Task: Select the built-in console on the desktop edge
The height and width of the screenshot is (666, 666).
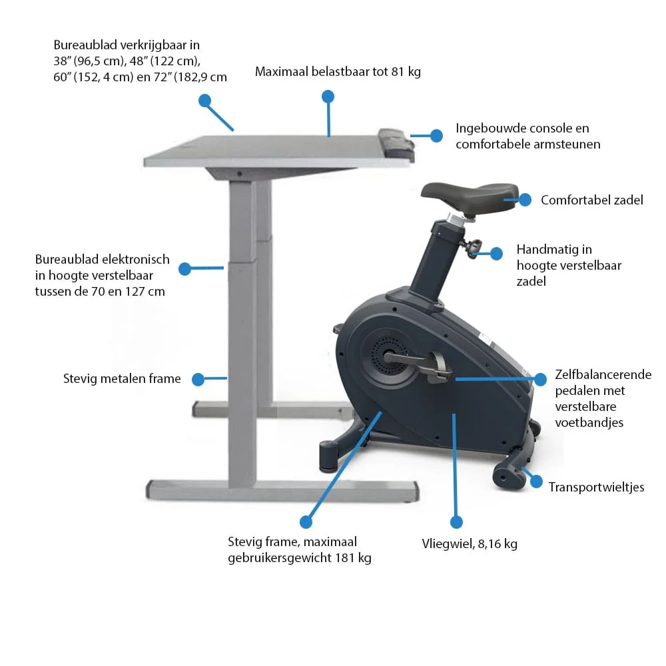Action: point(396,145)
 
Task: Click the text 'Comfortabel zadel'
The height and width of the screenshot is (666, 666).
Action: point(591,200)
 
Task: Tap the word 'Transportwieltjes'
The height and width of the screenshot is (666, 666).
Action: point(596,487)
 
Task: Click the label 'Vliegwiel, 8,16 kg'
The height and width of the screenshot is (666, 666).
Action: point(470,543)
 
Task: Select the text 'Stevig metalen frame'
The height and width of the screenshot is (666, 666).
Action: point(122,378)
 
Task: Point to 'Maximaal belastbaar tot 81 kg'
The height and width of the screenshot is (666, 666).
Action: point(338,71)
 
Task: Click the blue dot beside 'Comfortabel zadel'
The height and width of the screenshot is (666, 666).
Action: point(525,200)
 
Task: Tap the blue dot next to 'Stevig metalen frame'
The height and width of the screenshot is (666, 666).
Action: point(198,380)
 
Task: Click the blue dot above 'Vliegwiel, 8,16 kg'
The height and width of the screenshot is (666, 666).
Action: point(456,522)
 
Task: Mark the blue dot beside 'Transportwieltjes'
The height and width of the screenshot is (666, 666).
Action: point(536,482)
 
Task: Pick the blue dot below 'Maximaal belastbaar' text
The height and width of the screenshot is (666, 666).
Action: point(328,97)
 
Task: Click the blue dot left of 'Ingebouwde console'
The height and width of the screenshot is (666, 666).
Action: point(436,135)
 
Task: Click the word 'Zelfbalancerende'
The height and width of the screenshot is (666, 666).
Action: point(603,374)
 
